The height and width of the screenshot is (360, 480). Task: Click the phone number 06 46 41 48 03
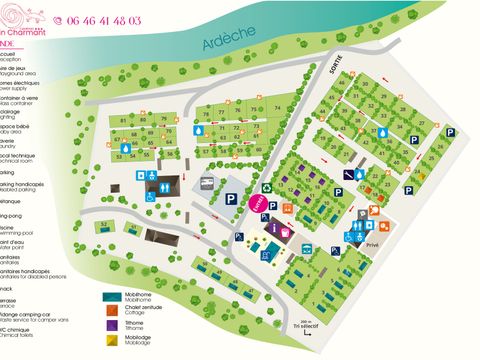point(103,20)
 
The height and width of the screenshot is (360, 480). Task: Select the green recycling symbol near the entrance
point(268,187)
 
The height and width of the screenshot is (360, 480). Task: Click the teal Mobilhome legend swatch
point(112,297)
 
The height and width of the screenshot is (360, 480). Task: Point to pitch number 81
point(123,120)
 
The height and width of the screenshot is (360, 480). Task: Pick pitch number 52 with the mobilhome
point(104,224)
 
